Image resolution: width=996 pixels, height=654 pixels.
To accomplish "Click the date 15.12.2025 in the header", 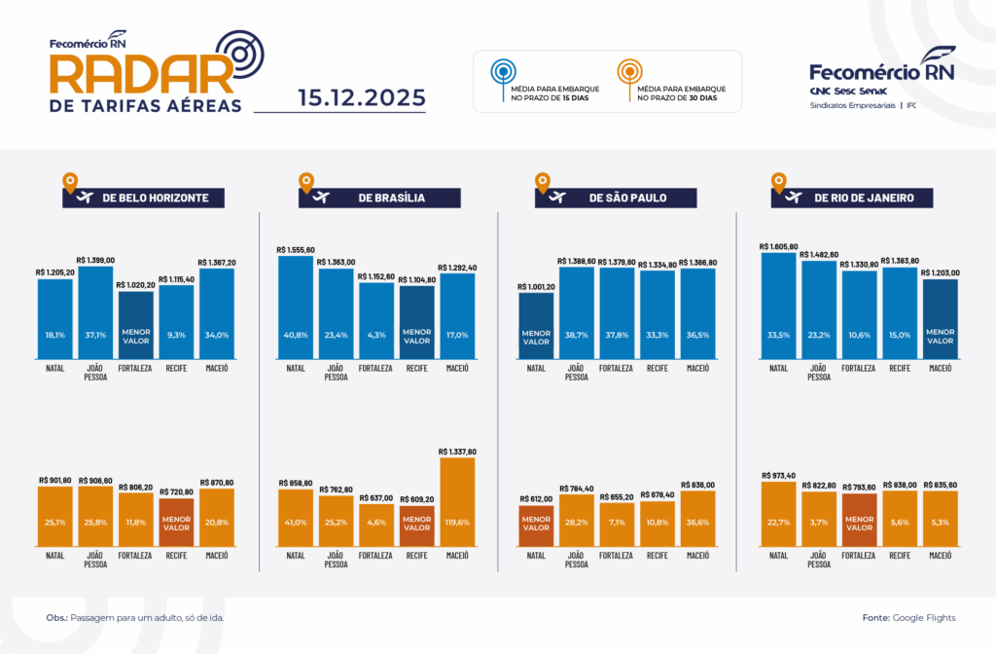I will click(361, 97).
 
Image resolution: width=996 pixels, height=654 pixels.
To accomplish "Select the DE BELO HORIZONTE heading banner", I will click(143, 198).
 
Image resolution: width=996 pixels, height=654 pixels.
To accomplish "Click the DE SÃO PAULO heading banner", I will click(616, 198).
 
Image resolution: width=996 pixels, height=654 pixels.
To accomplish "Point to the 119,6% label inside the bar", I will click(457, 521).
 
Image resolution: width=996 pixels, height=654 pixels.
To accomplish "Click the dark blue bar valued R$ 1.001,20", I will click(536, 324).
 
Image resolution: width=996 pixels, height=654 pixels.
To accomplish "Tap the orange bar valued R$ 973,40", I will click(778, 516).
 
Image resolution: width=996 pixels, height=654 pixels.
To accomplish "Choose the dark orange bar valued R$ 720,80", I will click(176, 524).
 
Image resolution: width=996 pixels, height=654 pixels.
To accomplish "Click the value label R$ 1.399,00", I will click(95, 260).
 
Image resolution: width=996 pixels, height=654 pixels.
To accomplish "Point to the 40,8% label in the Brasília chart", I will click(295, 335).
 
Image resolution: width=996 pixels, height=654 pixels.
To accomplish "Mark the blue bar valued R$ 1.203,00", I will click(940, 318).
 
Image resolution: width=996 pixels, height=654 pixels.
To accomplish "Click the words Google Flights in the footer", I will click(924, 618).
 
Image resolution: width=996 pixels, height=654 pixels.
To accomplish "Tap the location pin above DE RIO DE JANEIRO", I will click(778, 180).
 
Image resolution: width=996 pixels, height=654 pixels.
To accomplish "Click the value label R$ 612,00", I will click(536, 497).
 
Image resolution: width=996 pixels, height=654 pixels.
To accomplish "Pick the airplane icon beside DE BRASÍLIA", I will click(319, 198).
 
